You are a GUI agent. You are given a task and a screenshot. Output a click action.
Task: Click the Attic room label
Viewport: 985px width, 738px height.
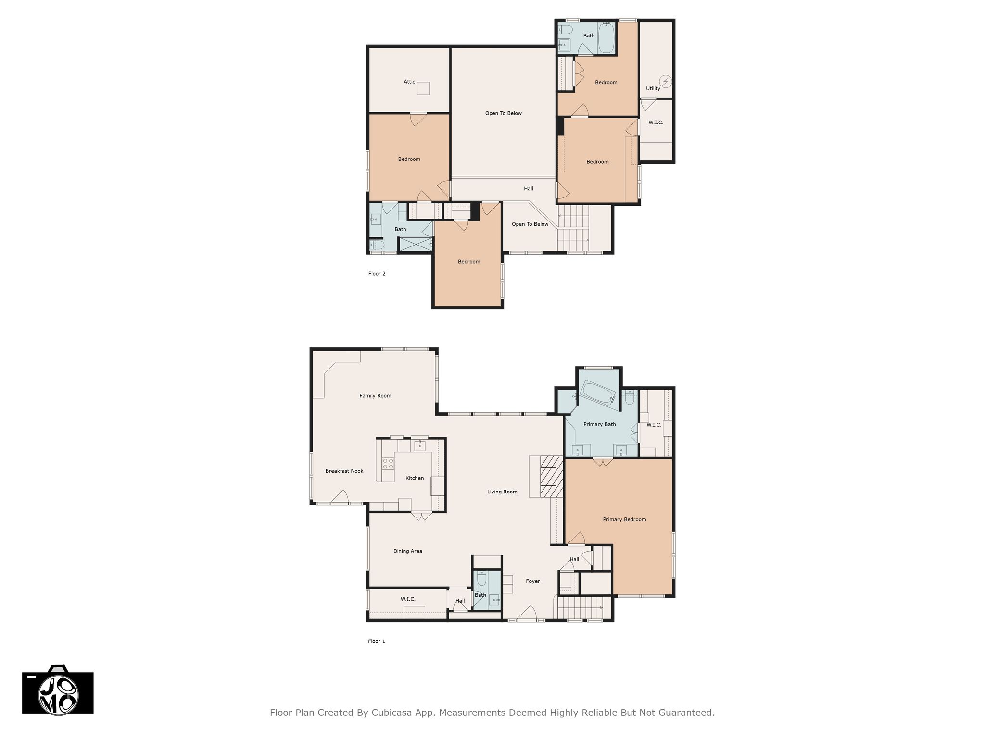409,82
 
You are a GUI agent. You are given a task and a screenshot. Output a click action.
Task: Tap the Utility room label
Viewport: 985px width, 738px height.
653,88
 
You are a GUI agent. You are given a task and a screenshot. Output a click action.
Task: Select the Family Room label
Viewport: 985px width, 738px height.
375,396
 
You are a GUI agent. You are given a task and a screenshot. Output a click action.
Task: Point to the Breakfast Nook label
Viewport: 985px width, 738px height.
344,471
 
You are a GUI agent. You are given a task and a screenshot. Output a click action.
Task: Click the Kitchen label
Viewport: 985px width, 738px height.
415,478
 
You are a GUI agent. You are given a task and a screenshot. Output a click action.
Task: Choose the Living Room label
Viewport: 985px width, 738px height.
502,492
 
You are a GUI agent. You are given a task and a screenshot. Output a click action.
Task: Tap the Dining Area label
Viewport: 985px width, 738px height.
408,551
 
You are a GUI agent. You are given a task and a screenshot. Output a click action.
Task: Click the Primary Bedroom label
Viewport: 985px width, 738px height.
624,519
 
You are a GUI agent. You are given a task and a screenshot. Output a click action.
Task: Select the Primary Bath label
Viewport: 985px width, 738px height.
600,424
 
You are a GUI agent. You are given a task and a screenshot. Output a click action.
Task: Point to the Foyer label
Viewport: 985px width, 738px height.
533,581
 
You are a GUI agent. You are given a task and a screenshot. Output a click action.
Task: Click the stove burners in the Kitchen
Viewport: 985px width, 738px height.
388,464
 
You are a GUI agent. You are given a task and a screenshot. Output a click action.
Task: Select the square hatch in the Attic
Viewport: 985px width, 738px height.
423,88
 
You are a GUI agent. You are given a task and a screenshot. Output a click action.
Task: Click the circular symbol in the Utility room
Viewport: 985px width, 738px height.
666,82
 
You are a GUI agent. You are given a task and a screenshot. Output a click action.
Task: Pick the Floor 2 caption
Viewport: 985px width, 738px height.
377,274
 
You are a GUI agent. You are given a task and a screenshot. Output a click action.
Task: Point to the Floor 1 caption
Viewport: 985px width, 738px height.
377,641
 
